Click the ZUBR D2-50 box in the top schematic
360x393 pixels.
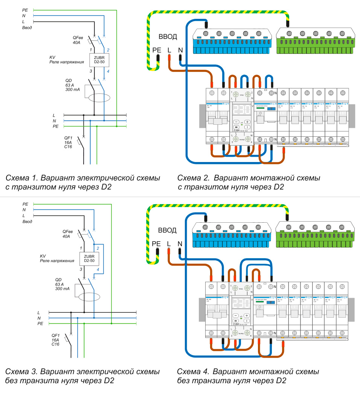tap(99, 60)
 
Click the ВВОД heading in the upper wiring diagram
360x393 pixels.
tap(167, 37)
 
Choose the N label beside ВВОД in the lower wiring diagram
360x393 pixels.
tap(180, 243)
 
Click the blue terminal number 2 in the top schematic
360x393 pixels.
tap(108, 50)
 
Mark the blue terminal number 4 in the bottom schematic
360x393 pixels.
tap(98, 270)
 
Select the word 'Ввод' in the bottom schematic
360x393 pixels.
tap(27, 222)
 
